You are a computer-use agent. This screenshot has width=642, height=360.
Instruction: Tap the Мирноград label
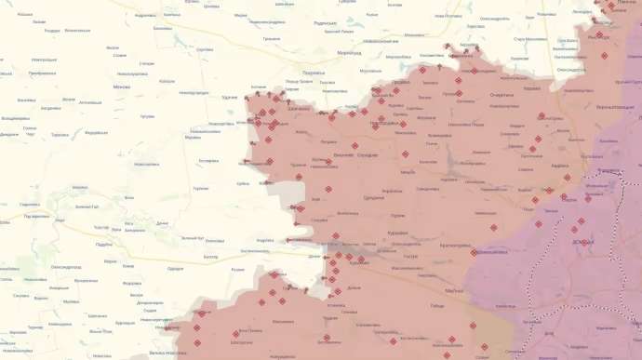(x=348, y=53)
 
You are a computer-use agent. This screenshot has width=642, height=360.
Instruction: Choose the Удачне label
(x=230, y=97)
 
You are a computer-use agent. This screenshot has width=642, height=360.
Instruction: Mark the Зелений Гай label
(x=87, y=207)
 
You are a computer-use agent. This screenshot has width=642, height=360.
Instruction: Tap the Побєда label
(x=438, y=306)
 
